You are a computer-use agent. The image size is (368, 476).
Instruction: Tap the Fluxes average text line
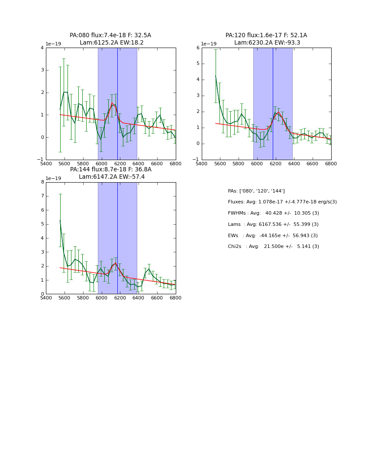(282, 202)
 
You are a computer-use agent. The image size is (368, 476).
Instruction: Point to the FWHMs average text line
(273, 213)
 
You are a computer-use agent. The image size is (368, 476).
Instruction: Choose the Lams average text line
(273, 224)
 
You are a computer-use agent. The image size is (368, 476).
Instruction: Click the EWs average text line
(273, 235)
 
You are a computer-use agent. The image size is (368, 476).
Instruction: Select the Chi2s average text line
(273, 247)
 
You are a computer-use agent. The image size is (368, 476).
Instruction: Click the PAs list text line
(256, 191)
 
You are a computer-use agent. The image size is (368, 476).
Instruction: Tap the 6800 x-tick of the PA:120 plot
(331, 164)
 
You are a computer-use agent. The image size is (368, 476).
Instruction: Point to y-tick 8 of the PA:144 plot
(42, 182)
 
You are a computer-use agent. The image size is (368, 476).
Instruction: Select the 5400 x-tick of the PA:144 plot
(46, 298)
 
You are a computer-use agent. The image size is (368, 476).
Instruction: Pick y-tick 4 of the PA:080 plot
(42, 48)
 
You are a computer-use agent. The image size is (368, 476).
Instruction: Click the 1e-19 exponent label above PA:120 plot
(208, 44)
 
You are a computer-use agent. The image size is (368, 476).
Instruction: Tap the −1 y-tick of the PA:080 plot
(40, 160)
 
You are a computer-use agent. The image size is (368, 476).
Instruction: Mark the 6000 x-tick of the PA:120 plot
(257, 164)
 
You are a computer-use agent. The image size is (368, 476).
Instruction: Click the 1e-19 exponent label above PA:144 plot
(53, 178)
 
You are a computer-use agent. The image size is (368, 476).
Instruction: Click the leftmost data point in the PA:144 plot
(60, 220)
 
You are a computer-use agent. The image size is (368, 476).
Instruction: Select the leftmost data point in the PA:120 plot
(216, 76)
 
